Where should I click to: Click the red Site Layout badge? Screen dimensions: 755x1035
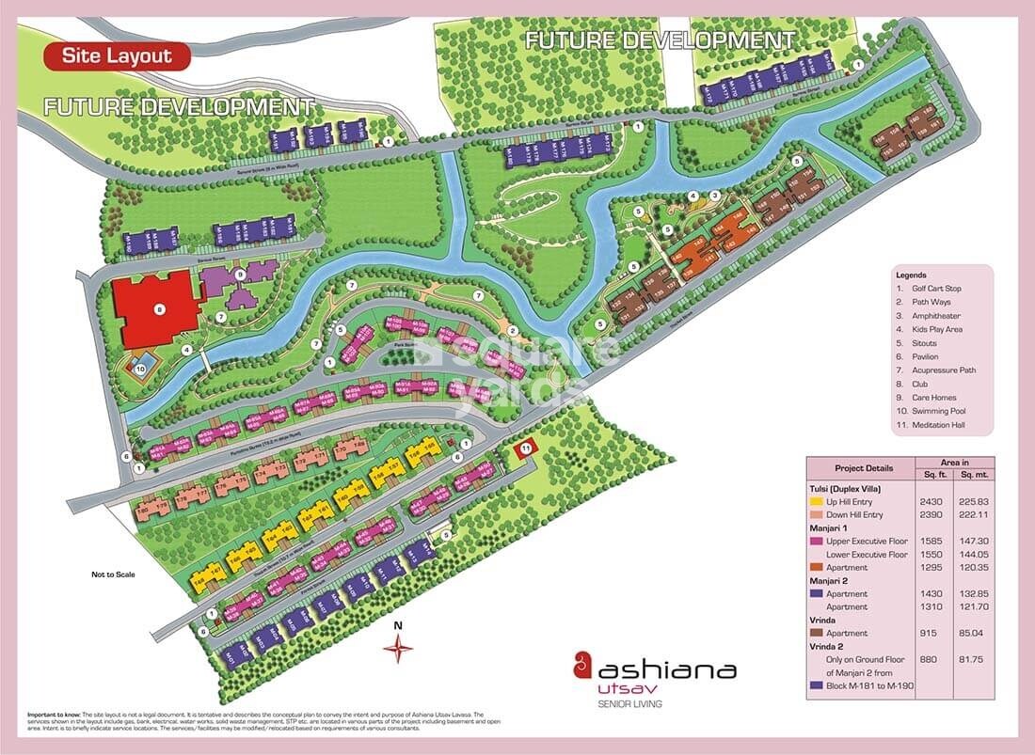pyautogui.click(x=117, y=56)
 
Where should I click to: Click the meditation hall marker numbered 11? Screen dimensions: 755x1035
pyautogui.click(x=525, y=449)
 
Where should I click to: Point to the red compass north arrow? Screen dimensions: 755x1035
pyautogui.click(x=399, y=647)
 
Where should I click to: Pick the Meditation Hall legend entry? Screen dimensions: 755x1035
pyautogui.click(x=940, y=425)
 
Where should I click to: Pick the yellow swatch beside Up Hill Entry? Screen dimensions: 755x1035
pyautogui.click(x=816, y=502)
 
